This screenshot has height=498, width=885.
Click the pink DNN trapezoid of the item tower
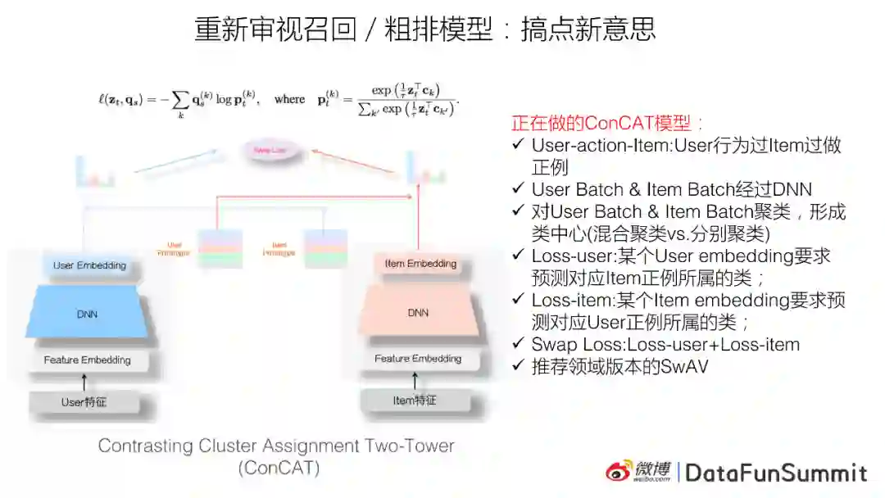(x=418, y=312)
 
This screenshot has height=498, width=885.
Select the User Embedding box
(x=89, y=265)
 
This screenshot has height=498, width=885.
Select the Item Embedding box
(x=420, y=264)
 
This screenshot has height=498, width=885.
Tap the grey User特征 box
(x=84, y=402)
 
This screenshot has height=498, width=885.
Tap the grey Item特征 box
(x=415, y=401)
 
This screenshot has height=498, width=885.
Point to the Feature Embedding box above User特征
(x=87, y=360)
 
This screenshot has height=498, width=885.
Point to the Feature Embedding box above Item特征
(x=418, y=358)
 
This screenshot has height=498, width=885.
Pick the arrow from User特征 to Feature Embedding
(x=84, y=381)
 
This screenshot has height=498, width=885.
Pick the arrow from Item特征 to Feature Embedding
(x=415, y=379)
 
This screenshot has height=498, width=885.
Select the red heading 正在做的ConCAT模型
(x=607, y=124)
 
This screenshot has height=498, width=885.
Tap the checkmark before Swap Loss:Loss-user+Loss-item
(x=518, y=344)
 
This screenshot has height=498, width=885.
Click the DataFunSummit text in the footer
(x=775, y=473)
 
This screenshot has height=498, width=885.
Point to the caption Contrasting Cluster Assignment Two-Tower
(x=276, y=446)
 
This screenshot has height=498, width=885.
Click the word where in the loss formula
(x=289, y=99)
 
